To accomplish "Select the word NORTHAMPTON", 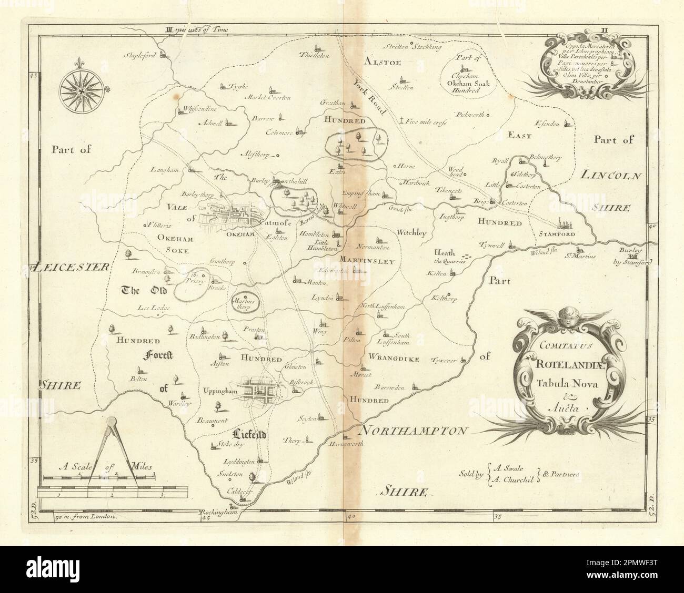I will (x=413, y=431).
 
